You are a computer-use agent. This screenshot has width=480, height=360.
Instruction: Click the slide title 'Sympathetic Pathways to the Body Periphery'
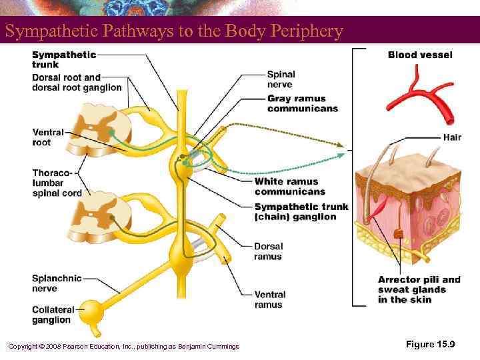tap(173, 31)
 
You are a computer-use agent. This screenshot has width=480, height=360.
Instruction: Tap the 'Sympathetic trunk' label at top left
tap(64, 59)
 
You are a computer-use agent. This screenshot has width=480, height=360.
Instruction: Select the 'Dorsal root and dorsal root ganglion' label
tap(77, 82)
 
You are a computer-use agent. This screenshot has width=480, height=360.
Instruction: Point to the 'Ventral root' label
tap(48, 137)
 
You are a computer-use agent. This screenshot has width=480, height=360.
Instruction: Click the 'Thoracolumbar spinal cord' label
tap(57, 183)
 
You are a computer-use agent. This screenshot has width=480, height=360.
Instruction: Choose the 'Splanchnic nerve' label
tap(57, 283)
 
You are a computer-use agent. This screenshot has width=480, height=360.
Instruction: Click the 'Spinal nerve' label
tap(281, 79)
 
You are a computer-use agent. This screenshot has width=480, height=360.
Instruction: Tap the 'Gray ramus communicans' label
tap(302, 104)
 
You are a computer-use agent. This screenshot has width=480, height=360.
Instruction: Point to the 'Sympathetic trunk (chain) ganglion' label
tap(301, 212)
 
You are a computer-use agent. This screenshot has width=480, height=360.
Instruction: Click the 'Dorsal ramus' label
tap(268, 251)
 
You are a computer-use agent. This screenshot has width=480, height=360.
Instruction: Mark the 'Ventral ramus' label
tap(269, 299)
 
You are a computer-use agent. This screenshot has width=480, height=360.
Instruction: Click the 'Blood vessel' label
tap(420, 55)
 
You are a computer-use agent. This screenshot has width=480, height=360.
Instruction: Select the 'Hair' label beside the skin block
tap(451, 137)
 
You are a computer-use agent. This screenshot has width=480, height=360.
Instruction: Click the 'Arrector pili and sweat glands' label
tap(419, 289)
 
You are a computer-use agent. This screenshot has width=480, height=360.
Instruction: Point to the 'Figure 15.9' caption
tap(430, 344)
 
